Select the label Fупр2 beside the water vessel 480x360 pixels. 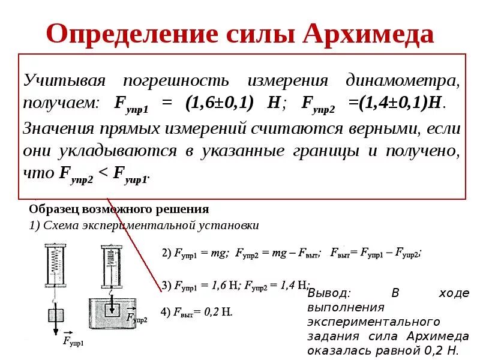(136, 317)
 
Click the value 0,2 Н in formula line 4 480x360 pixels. (218, 312)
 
